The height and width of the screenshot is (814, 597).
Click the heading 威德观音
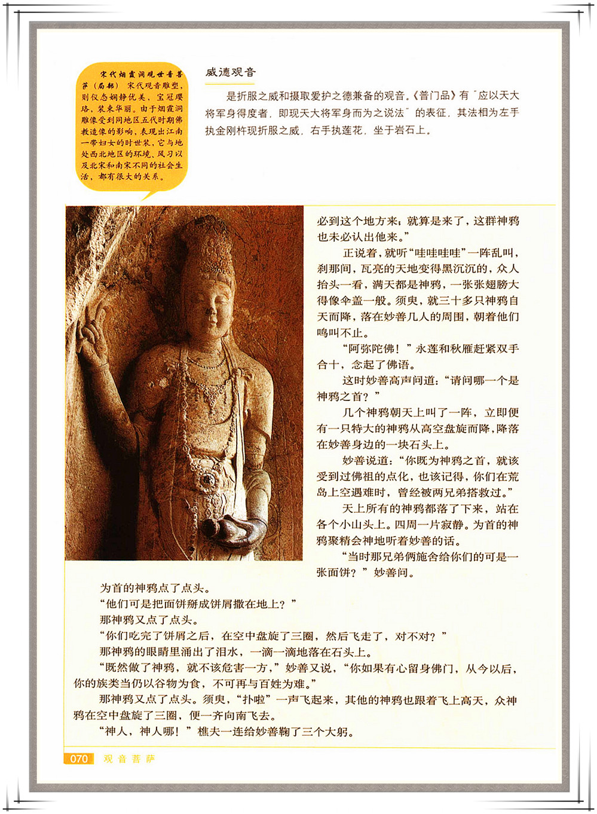[x=230, y=72]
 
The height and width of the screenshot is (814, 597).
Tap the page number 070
[x=79, y=759]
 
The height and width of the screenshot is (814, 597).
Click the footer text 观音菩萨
[x=129, y=759]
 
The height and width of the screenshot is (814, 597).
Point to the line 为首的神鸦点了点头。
[x=154, y=588]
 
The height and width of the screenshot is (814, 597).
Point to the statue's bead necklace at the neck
[x=206, y=362]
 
